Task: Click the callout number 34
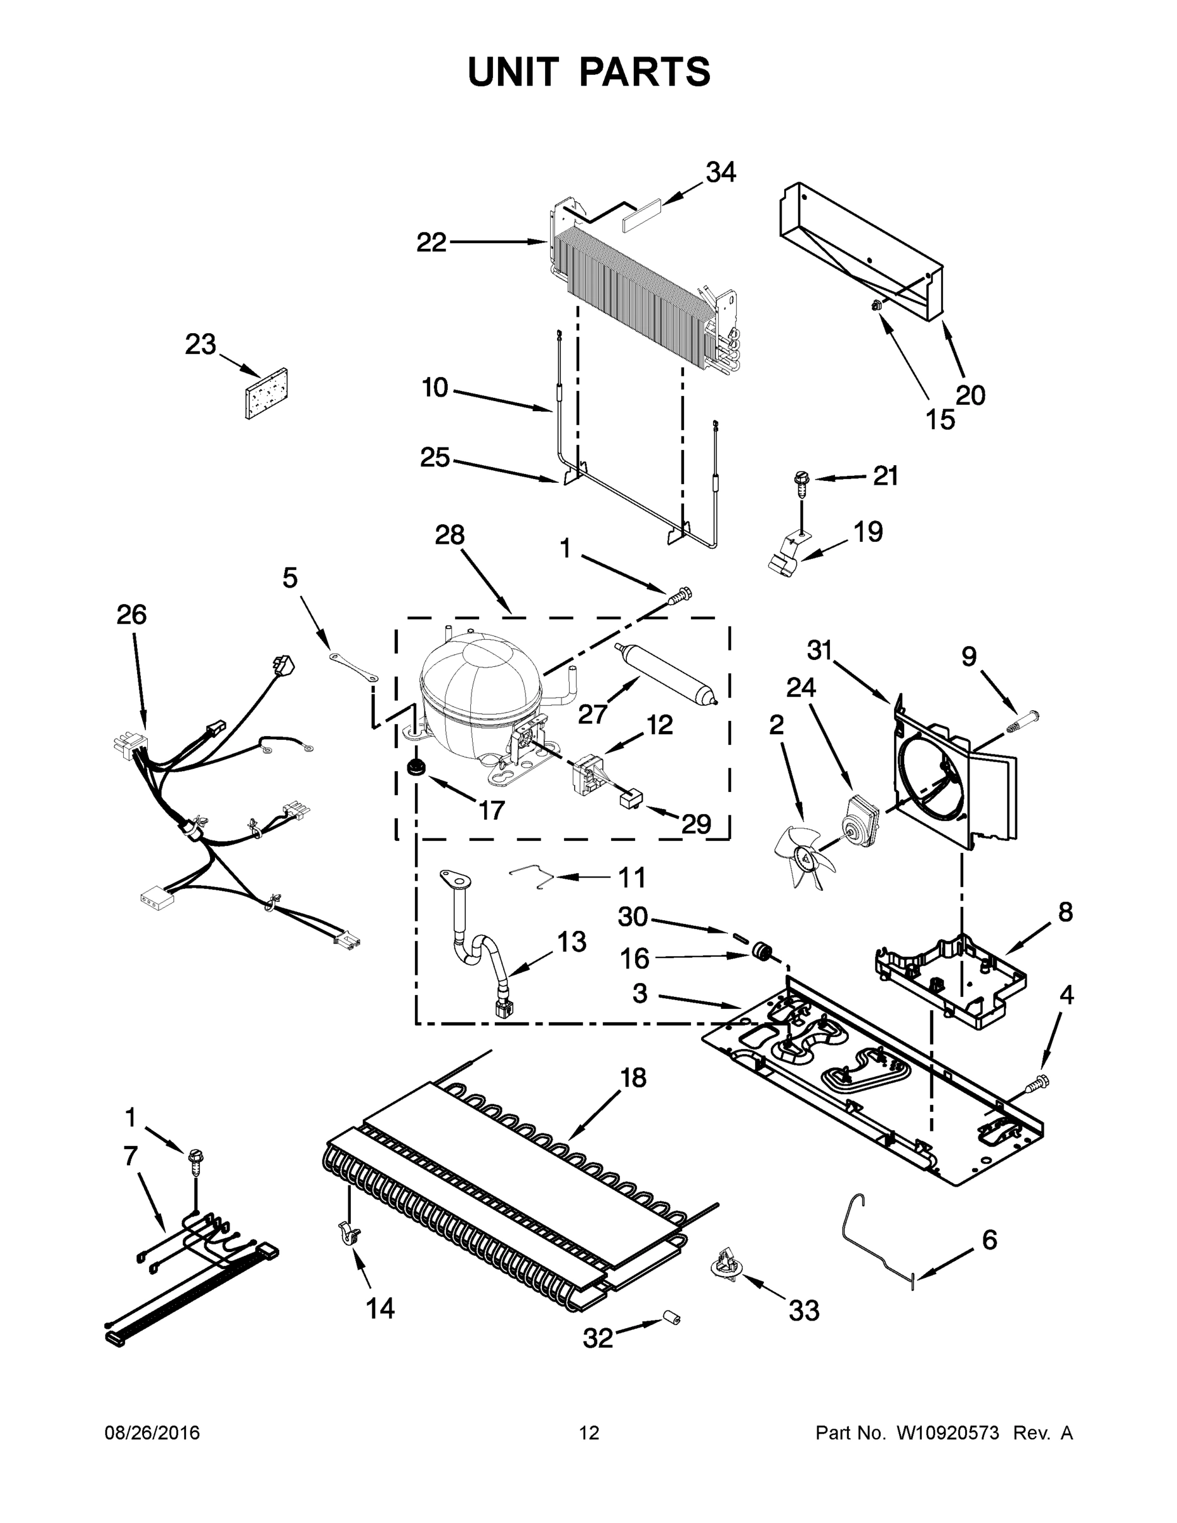pos(721,172)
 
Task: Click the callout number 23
pos(200,345)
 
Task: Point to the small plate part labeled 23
pos(267,394)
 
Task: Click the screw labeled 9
pos(1022,720)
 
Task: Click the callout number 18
pos(633,1078)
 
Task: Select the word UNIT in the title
pos(513,72)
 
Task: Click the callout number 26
pos(131,614)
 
